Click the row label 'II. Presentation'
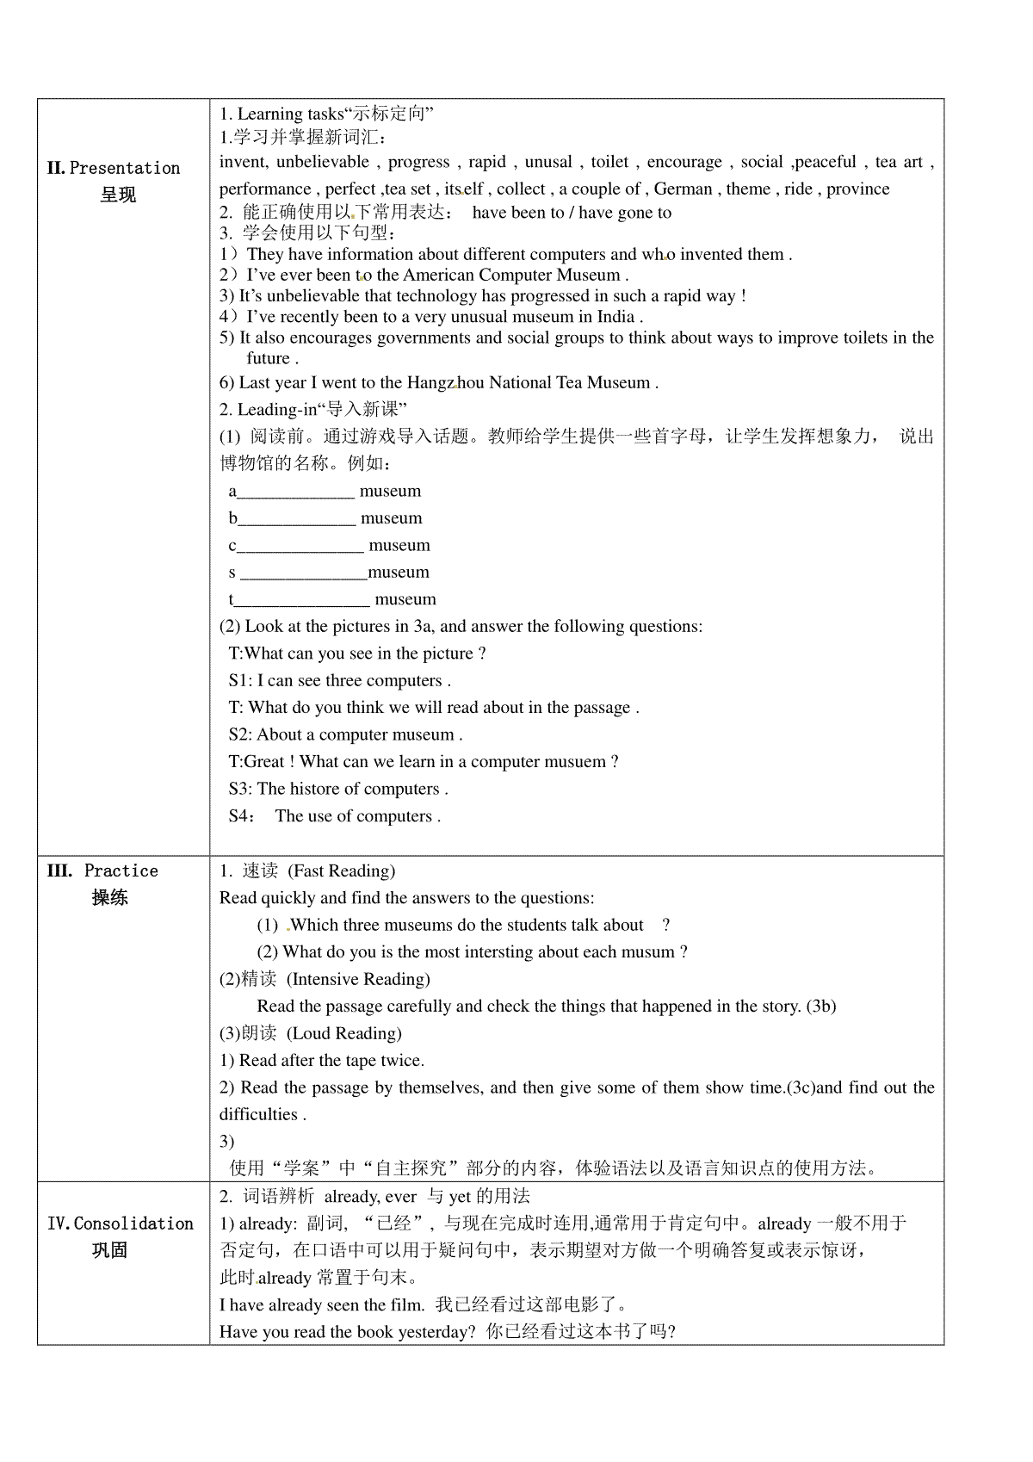[x=114, y=168]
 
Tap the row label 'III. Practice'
[x=102, y=870]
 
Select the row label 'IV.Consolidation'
[x=121, y=1223]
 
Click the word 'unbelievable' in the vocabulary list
[x=323, y=162]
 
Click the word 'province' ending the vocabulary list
[x=857, y=189]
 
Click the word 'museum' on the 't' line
[x=405, y=599]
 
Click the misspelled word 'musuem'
[x=573, y=762]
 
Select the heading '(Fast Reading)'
[x=341, y=870]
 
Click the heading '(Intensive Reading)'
[x=358, y=979]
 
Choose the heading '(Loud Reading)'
[x=344, y=1033]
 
